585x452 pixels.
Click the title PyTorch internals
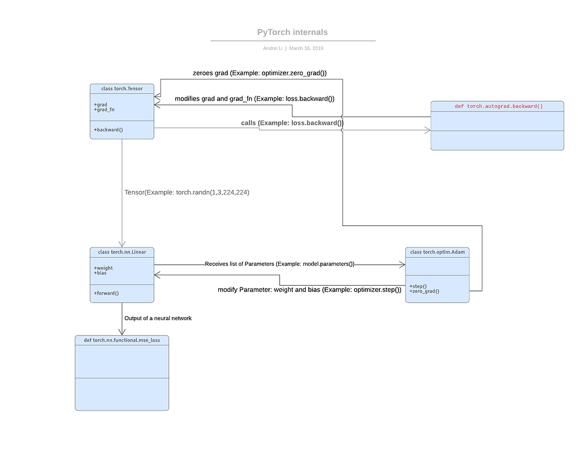click(292, 33)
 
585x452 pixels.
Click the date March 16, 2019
click(306, 48)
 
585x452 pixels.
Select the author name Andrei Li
click(272, 48)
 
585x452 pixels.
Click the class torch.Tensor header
click(122, 89)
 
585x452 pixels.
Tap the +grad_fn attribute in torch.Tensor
click(104, 110)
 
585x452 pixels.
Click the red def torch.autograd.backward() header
click(498, 107)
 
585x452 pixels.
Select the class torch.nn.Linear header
click(122, 251)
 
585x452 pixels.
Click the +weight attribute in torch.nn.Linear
click(103, 268)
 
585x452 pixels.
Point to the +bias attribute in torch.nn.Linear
click(100, 273)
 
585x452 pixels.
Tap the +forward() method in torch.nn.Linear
click(106, 293)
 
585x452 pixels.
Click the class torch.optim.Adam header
click(437, 251)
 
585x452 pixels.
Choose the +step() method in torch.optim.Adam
click(419, 286)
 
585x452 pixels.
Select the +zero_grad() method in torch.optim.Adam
click(424, 291)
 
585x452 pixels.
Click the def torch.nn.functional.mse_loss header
click(122, 341)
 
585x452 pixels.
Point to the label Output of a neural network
click(158, 318)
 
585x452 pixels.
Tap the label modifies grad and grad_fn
click(255, 98)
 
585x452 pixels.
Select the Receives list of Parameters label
click(279, 264)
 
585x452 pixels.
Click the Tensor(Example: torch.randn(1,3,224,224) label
click(187, 192)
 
